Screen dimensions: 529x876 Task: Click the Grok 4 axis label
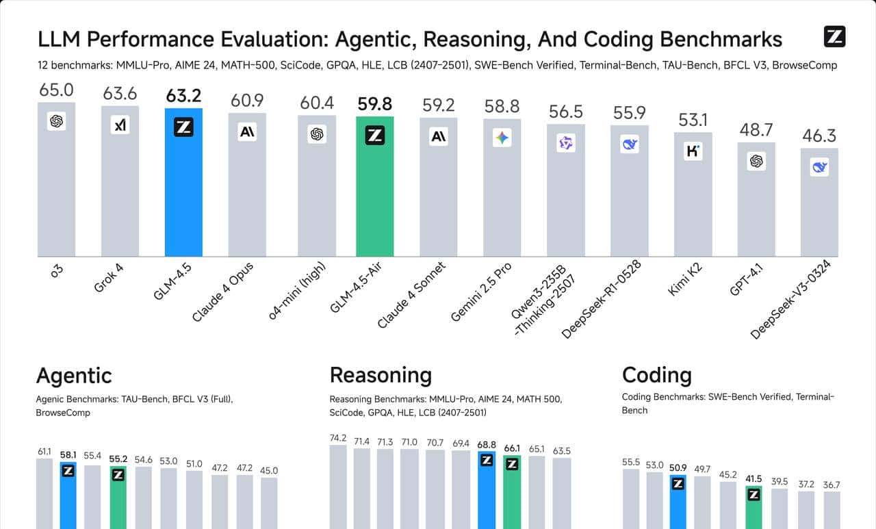pyautogui.click(x=109, y=276)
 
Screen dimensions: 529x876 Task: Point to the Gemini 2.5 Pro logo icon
pyautogui.click(x=502, y=138)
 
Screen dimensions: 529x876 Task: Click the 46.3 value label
pyautogui.click(x=819, y=136)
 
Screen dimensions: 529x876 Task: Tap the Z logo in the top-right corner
pyautogui.click(x=835, y=37)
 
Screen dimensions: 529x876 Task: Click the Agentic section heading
pyautogui.click(x=73, y=375)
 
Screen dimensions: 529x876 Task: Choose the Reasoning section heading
pyautogui.click(x=381, y=375)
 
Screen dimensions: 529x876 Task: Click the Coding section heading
pyautogui.click(x=656, y=375)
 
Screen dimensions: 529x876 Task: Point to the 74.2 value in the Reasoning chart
pyautogui.click(x=338, y=438)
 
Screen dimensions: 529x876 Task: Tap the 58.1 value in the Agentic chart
pyautogui.click(x=68, y=454)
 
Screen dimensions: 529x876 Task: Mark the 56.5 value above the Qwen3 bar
pyautogui.click(x=566, y=112)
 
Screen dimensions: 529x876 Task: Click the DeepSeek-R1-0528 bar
pyautogui.click(x=629, y=198)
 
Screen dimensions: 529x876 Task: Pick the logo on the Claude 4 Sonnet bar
pyautogui.click(x=439, y=137)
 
